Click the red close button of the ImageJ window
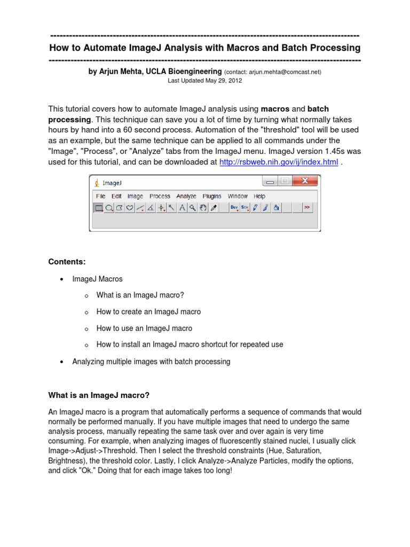point(306,182)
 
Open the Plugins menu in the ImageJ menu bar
point(212,196)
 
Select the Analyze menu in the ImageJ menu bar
point(186,196)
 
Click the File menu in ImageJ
point(100,196)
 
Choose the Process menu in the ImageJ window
point(160,196)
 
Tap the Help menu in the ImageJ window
point(259,196)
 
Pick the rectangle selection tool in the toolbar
point(99,208)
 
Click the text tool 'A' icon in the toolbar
point(182,208)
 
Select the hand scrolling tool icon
point(203,208)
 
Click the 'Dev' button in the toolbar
point(234,208)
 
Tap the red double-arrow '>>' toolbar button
point(307,208)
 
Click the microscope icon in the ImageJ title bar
point(97,182)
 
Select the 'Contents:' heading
point(67,261)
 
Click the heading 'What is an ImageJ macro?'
point(99,395)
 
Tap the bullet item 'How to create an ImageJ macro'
point(148,311)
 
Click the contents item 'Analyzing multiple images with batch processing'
point(151,362)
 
